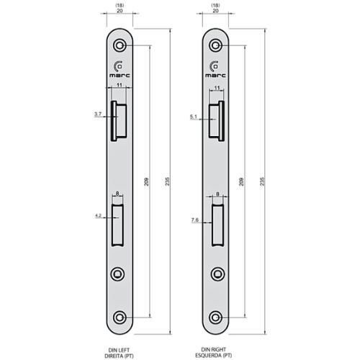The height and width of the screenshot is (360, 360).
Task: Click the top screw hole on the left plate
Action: (120, 45)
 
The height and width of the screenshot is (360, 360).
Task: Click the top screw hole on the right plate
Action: (215, 45)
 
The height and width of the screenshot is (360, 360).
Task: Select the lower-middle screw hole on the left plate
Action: (120, 274)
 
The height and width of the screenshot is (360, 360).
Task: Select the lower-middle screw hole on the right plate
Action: (215, 274)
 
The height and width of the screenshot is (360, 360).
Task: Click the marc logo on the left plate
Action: (120, 67)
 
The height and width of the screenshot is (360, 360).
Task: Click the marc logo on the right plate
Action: (215, 67)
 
